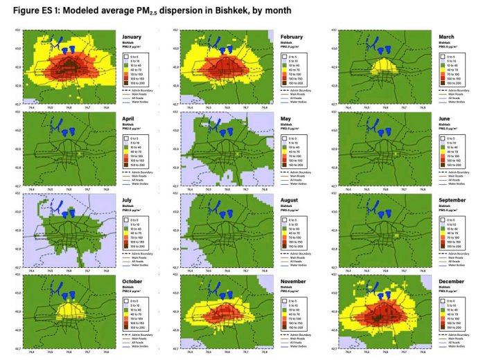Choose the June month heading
(x=446, y=118)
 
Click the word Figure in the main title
(x=21, y=11)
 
